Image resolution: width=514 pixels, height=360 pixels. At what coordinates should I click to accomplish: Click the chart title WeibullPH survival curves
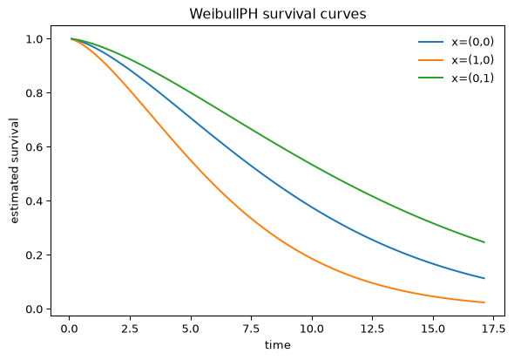[278, 14]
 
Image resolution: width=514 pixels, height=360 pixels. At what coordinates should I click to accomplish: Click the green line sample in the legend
[430, 78]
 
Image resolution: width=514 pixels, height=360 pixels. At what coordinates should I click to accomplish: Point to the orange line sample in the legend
[430, 60]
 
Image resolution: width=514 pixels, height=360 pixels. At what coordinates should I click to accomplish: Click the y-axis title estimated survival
[15, 171]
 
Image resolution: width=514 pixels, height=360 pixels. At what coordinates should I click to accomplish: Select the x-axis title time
[278, 345]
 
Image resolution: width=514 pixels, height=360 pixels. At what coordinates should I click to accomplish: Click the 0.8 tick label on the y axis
[35, 93]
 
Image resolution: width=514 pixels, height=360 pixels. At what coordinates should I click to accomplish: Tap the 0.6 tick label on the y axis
[35, 147]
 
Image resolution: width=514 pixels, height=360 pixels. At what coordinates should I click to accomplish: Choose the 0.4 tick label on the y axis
[35, 201]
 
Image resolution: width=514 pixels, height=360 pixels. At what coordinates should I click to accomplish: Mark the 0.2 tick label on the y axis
[35, 255]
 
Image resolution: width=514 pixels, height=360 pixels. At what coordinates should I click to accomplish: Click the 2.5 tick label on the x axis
[130, 329]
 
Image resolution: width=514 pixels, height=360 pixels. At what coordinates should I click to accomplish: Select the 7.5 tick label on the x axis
[252, 329]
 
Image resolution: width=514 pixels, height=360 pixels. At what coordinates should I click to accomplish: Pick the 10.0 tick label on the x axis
[312, 329]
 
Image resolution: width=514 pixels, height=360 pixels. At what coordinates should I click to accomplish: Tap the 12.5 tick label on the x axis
[373, 329]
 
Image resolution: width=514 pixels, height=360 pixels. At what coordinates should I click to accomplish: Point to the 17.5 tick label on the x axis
[494, 329]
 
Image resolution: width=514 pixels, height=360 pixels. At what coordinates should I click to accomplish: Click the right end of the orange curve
[484, 302]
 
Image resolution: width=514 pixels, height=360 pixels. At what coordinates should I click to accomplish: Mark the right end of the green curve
[484, 242]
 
